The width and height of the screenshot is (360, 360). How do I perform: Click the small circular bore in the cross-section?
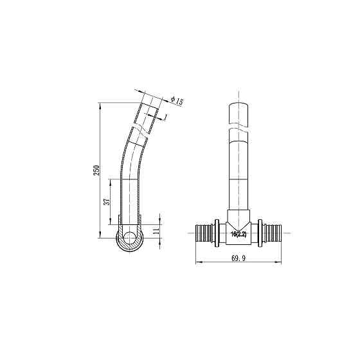pyautogui.click(x=130, y=238)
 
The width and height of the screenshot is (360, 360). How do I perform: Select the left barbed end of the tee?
pyautogui.click(x=204, y=233)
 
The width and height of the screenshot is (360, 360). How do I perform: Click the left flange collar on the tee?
pyautogui.click(x=219, y=233)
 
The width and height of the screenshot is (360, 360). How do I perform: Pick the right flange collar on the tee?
pyautogui.click(x=258, y=233)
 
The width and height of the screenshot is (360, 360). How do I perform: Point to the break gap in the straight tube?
pyautogui.click(x=238, y=129)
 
